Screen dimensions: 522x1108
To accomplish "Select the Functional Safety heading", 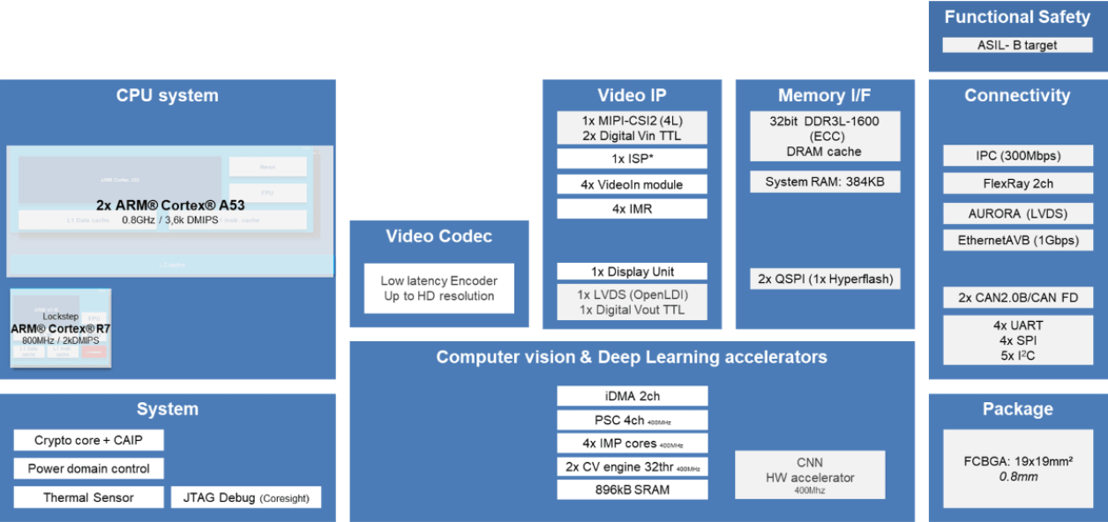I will [x=1016, y=17].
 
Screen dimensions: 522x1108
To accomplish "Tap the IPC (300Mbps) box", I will [x=1017, y=156].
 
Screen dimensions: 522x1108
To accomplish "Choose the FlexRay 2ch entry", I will [x=1017, y=183].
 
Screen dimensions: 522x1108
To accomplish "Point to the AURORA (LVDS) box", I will [x=1017, y=213].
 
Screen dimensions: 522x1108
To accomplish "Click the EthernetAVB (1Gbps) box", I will [x=1017, y=240].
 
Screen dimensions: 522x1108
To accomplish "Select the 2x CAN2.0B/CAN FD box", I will [x=1017, y=297].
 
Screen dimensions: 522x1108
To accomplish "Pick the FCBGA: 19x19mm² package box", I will [x=1017, y=468].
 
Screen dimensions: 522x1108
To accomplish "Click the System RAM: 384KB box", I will [x=825, y=182].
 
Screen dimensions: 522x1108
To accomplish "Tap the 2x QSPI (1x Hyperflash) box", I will [x=825, y=279].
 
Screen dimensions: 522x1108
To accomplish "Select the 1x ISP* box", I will [x=632, y=159].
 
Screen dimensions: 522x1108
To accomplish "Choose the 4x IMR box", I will [x=632, y=209].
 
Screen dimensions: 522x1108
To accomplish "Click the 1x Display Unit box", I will [x=632, y=272].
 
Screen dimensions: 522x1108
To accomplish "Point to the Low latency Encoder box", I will [x=438, y=288].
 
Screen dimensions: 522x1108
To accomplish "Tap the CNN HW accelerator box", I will [x=809, y=474].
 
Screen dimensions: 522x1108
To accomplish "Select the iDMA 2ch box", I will [x=632, y=396].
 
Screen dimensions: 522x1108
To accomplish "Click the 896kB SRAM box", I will [x=632, y=489].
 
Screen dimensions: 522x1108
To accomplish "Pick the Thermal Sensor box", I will [x=88, y=497].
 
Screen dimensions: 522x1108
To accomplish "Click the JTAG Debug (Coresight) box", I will [x=245, y=497].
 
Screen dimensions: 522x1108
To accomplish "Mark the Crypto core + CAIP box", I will [x=88, y=440].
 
